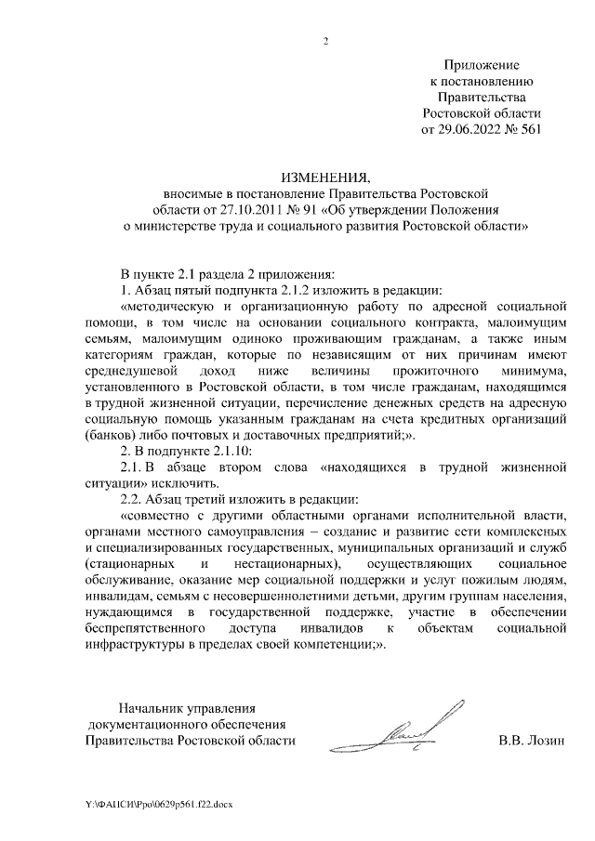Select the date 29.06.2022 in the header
pos(469,128)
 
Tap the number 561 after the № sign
pos(526,128)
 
